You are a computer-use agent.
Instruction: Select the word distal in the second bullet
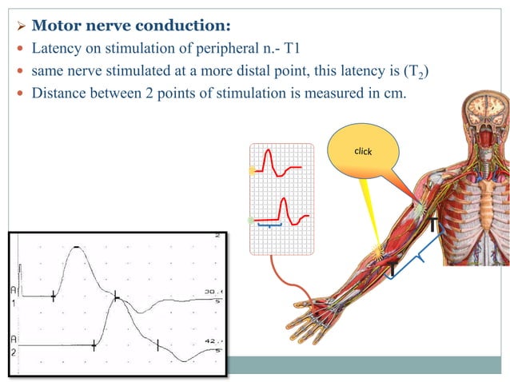[266, 71]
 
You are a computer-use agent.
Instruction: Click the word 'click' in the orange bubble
[363, 151]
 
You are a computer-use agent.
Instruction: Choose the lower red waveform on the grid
[284, 211]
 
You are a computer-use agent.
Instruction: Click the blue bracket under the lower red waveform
[270, 227]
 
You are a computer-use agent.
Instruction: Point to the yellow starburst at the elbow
[378, 253]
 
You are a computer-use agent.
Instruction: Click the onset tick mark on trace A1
[54, 296]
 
